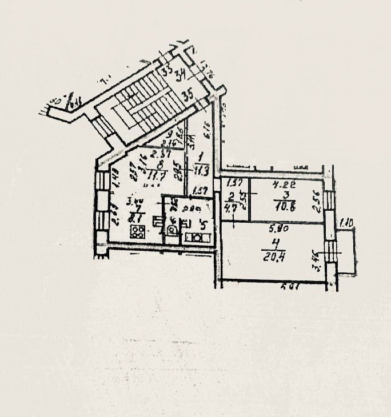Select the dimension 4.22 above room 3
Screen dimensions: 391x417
click(281, 185)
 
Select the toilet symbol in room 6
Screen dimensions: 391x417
click(171, 230)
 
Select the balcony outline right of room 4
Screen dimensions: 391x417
click(345, 252)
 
